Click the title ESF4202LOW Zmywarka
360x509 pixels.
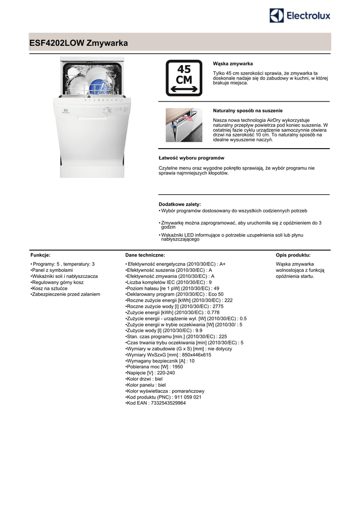click(79, 43)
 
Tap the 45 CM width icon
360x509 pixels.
click(183, 78)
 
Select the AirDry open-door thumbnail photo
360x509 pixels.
click(183, 125)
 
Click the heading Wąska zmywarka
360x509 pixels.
click(233, 64)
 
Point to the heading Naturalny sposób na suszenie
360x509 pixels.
click(251, 110)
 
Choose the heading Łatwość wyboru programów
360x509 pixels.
click(191, 158)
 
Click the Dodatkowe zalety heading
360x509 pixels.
click(180, 204)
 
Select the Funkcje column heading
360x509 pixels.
click(40, 255)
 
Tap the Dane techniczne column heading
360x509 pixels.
click(145, 255)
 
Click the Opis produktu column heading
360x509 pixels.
click(293, 255)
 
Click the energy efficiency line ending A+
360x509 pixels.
click(176, 264)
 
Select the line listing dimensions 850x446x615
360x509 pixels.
click(169, 355)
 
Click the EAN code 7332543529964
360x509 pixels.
click(156, 403)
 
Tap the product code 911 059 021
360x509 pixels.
click(164, 397)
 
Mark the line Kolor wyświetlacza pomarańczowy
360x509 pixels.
click(165, 391)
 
